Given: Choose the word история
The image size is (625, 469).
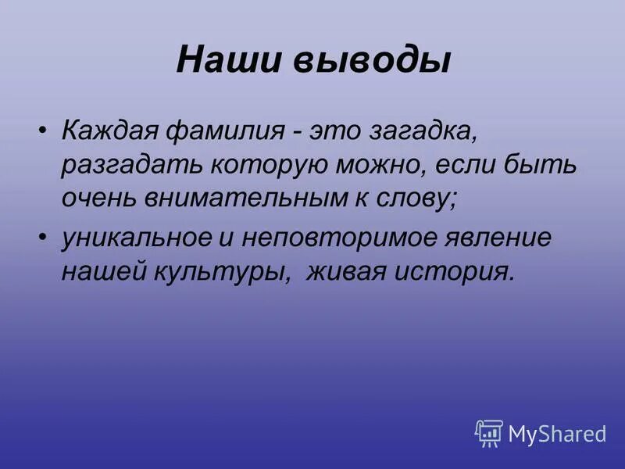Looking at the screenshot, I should pos(459,272).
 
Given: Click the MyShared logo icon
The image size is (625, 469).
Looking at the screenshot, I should pos(488,432).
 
